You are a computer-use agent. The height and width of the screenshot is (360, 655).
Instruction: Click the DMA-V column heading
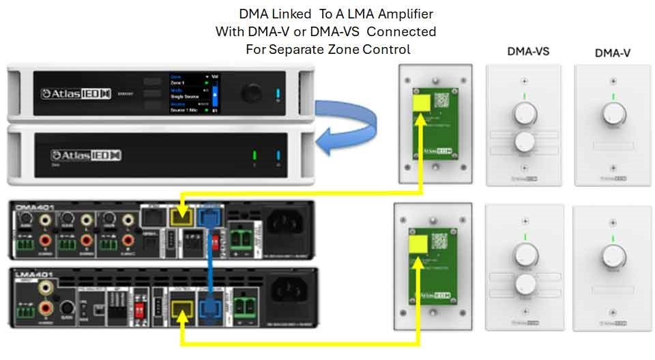click(x=612, y=52)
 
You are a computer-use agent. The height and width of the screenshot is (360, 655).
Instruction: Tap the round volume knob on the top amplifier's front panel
click(x=254, y=93)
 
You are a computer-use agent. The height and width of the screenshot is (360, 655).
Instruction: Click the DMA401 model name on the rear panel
click(x=31, y=205)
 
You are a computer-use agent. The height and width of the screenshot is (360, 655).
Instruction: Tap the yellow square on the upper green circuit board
click(x=420, y=102)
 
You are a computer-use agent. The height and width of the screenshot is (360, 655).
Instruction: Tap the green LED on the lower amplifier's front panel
click(x=254, y=155)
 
